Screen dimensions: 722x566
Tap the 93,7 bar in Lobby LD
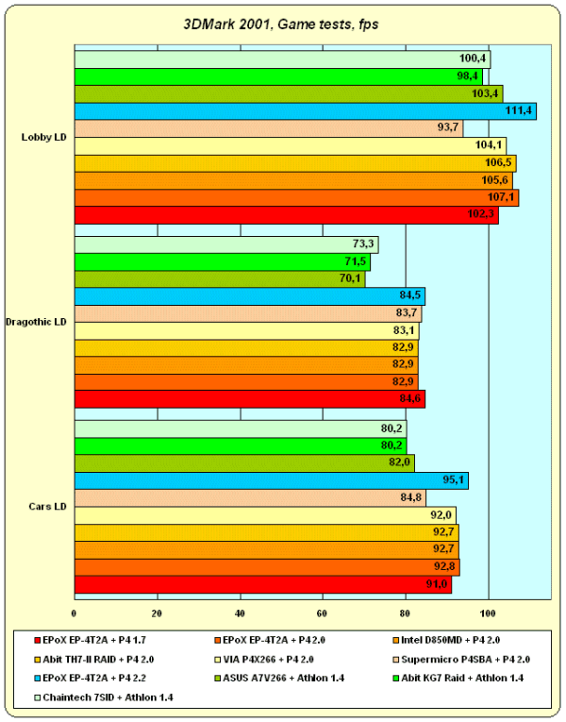click(268, 128)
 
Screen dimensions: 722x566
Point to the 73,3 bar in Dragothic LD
click(226, 244)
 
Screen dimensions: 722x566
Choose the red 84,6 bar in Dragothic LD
click(249, 399)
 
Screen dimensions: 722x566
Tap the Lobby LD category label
click(43, 138)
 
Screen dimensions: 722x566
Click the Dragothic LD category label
click(36, 322)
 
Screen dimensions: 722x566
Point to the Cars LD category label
click(46, 507)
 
